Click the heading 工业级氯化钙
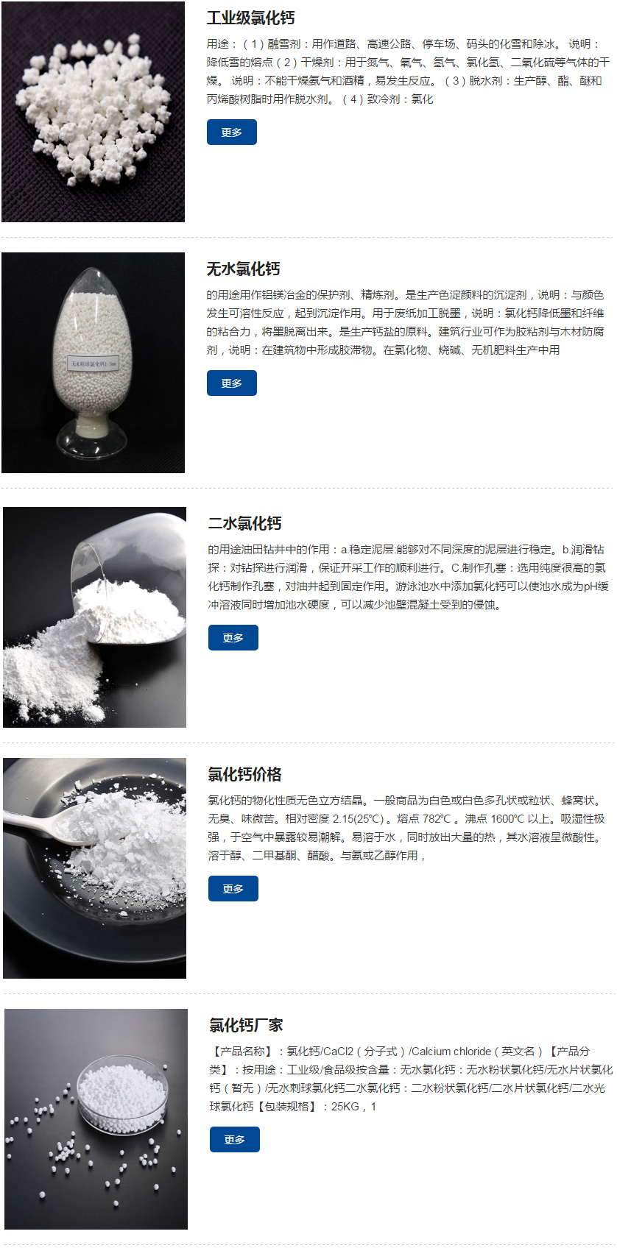250,18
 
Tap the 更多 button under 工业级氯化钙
231,132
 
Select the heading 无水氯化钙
243,269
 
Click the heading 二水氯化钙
244,524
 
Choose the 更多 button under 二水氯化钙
233,638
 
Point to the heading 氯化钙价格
244,775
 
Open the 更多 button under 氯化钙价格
233,889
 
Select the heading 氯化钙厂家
246,1026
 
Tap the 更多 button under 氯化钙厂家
234,1140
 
